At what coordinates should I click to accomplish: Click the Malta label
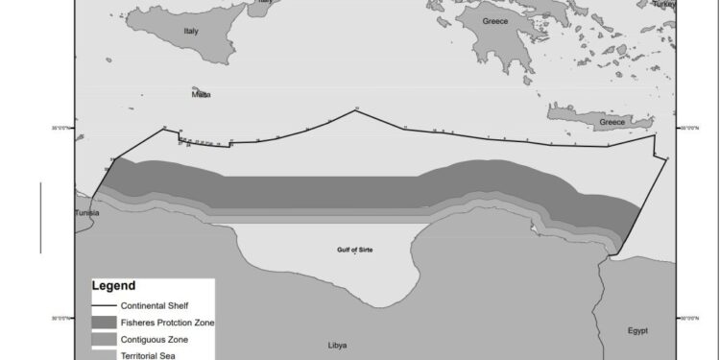coord(202,94)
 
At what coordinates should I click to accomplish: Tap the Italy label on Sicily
coord(190,31)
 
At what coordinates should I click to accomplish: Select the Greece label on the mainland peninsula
coord(495,20)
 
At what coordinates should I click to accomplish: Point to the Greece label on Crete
coord(612,122)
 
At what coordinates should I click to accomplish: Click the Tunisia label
coord(86,213)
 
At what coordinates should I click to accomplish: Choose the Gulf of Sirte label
coord(354,250)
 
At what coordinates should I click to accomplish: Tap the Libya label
coord(337,345)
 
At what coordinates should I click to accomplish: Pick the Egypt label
coord(637,330)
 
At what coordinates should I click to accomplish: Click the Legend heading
coord(113,286)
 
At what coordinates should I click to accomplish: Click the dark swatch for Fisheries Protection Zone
coord(105,323)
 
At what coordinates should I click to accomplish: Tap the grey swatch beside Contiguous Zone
coord(105,340)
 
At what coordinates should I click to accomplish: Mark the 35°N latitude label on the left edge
coord(59,127)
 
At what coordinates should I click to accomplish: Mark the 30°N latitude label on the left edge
coord(59,318)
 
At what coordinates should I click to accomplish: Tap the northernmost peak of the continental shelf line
coord(356,109)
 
